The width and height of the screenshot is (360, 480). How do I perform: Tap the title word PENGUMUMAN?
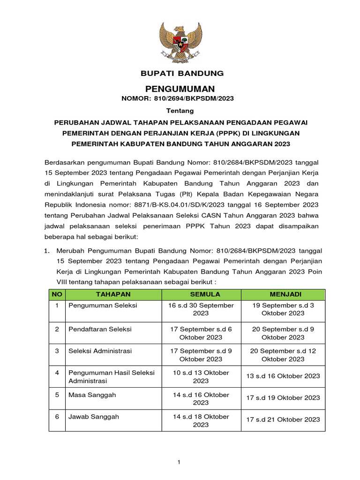[180, 89]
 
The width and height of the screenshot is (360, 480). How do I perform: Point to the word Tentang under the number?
[180, 111]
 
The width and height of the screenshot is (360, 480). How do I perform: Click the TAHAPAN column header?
[113, 294]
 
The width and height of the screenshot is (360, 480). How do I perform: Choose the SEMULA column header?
[201, 294]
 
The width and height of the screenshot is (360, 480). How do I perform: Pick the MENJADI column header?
[283, 294]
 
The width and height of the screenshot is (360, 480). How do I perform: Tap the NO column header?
[57, 294]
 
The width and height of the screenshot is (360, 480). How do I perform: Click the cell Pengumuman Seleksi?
[103, 305]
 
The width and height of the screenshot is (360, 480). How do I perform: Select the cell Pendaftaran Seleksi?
[100, 329]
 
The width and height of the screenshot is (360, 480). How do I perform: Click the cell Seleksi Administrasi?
[100, 351]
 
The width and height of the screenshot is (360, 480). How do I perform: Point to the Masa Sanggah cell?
[92, 395]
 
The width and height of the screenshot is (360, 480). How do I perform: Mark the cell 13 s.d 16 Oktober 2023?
[283, 376]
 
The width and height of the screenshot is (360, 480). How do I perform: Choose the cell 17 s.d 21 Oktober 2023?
[283, 420]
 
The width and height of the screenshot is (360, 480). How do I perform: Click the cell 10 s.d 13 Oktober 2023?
[201, 377]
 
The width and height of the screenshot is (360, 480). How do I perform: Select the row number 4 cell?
[57, 373]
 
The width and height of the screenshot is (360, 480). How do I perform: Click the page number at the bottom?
[179, 463]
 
